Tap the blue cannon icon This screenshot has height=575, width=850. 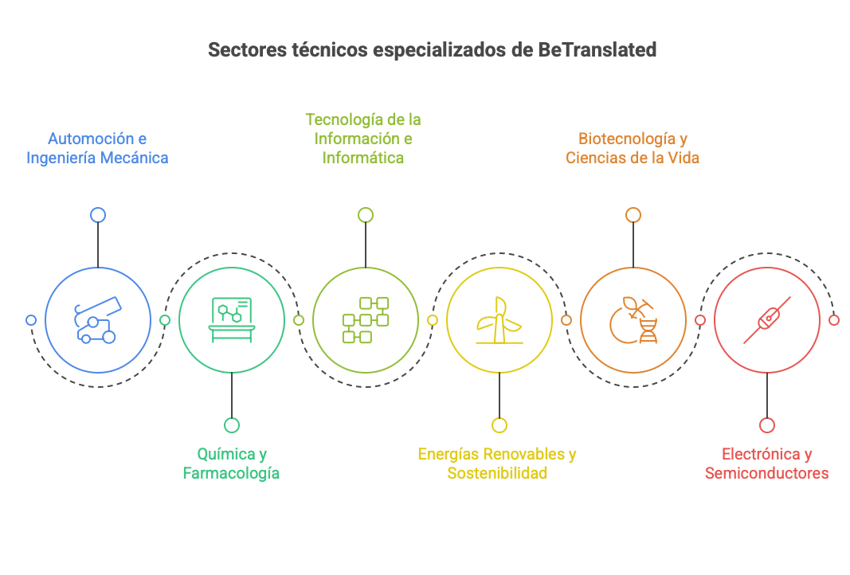click(97, 320)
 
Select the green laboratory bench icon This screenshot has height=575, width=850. click(231, 320)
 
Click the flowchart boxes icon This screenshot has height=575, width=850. click(365, 320)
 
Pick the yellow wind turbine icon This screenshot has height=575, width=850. click(499, 320)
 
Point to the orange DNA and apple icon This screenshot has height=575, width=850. click(633, 320)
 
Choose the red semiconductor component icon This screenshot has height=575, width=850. click(766, 320)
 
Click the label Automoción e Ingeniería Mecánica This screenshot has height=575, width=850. click(97, 148)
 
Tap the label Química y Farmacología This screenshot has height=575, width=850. click(231, 464)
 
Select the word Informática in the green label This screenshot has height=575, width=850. click(363, 158)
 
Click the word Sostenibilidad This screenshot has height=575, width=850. click(497, 473)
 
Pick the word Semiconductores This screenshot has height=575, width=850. click(766, 473)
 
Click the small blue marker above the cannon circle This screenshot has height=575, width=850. click(98, 215)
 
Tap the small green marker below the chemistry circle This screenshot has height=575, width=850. click(231, 425)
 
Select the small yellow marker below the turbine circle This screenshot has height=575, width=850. click(499, 425)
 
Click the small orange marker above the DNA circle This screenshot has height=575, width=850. click(633, 215)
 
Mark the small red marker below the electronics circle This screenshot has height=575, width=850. click(766, 425)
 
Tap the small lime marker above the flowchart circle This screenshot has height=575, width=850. click(366, 215)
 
